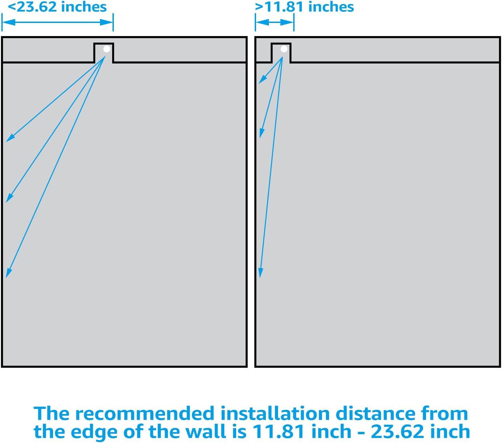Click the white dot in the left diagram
pyautogui.click(x=107, y=49)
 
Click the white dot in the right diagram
pyautogui.click(x=284, y=49)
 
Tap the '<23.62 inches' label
pyautogui.click(x=57, y=7)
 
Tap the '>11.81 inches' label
pyautogui.click(x=304, y=7)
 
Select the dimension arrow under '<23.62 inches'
pyautogui.click(x=57, y=22)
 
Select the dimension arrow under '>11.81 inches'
pyautogui.click(x=275, y=22)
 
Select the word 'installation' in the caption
pyautogui.click(x=275, y=414)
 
